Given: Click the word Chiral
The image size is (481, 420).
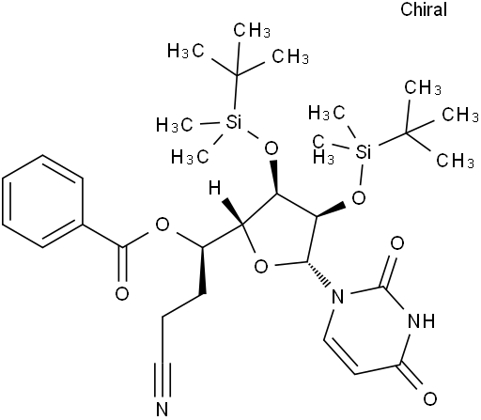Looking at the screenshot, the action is (x=424, y=9).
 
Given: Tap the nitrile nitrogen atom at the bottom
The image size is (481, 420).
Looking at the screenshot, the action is (x=163, y=408).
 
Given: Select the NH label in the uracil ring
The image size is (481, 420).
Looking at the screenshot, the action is (x=422, y=320).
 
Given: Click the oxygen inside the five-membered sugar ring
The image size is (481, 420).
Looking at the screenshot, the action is (x=261, y=267).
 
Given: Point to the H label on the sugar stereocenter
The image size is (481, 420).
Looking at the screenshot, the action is (x=215, y=189).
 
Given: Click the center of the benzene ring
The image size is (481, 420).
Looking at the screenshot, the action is (x=43, y=202).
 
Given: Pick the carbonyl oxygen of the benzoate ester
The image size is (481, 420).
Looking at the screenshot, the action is (x=122, y=294).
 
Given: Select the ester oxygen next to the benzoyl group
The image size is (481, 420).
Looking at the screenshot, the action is (x=163, y=225).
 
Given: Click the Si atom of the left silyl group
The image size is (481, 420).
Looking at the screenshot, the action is (x=234, y=122).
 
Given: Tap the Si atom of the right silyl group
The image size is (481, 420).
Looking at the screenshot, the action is (x=364, y=152).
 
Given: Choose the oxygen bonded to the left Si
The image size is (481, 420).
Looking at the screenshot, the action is (x=271, y=148).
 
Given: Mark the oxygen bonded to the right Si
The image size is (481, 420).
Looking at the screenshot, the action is (x=359, y=197).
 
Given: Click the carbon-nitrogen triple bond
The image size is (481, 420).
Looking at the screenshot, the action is (x=163, y=380).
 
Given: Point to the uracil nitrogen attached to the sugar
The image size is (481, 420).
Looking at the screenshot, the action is (x=337, y=297).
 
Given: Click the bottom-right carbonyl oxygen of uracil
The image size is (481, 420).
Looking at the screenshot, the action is (x=430, y=398).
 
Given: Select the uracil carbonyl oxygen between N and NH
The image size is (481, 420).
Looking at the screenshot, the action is (x=397, y=243).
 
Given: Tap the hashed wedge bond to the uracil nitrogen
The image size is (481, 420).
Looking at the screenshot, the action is (x=318, y=273).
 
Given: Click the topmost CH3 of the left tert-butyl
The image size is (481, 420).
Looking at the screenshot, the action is (x=252, y=30).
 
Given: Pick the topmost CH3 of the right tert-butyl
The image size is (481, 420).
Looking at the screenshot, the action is (x=423, y=87).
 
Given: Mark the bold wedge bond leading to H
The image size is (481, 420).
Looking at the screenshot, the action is (x=232, y=211).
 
